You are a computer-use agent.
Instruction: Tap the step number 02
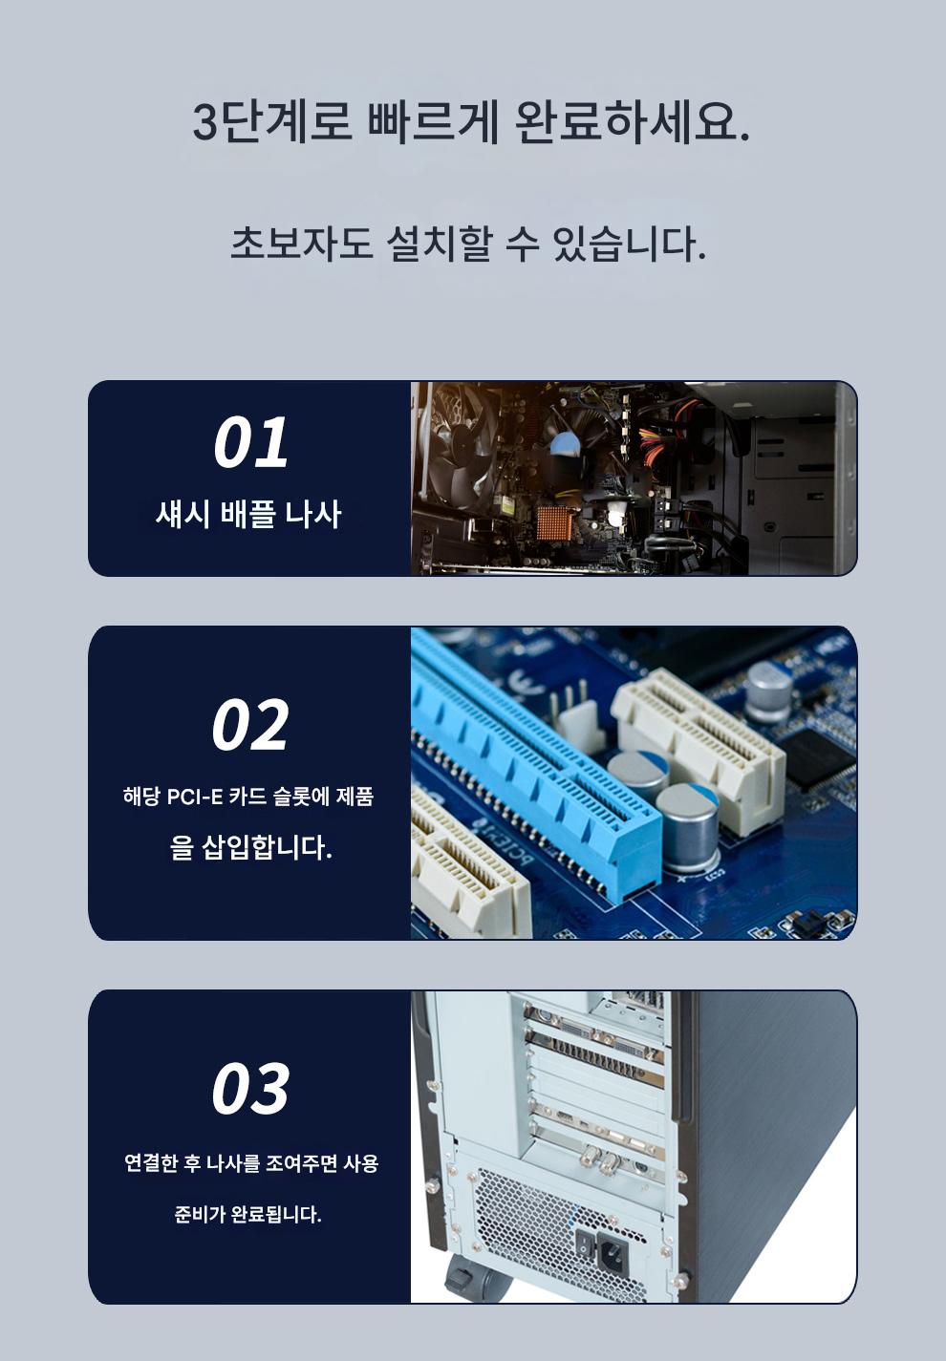click(249, 724)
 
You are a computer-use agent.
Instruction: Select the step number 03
click(249, 1088)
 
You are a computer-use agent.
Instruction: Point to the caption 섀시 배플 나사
click(248, 514)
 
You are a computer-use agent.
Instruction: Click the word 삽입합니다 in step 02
click(267, 847)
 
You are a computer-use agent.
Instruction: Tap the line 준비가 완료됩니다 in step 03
click(248, 1215)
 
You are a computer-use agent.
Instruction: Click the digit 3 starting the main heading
click(204, 122)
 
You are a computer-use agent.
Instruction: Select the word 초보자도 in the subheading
click(302, 245)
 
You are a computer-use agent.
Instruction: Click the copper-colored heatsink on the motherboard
click(556, 523)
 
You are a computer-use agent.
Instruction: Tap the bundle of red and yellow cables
click(661, 437)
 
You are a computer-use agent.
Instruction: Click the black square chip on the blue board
click(818, 759)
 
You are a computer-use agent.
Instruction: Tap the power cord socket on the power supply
click(613, 1252)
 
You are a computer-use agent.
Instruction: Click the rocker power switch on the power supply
click(583, 1243)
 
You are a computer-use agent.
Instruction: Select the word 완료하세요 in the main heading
click(633, 122)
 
